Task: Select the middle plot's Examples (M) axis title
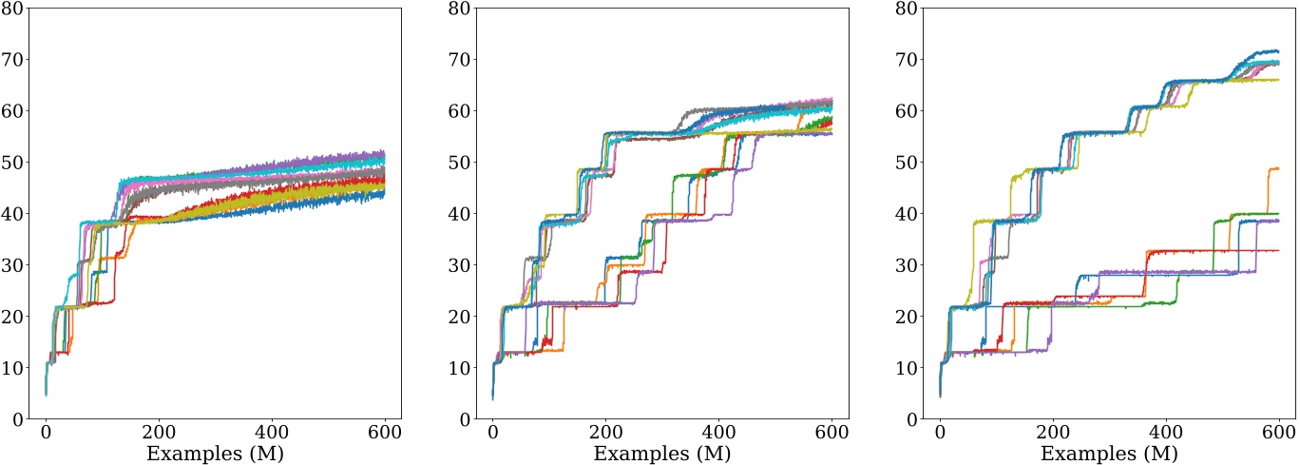pos(663,453)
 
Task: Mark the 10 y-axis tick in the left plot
pos(17,368)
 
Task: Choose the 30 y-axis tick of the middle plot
pos(465,265)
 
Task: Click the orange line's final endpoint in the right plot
pos(1279,169)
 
